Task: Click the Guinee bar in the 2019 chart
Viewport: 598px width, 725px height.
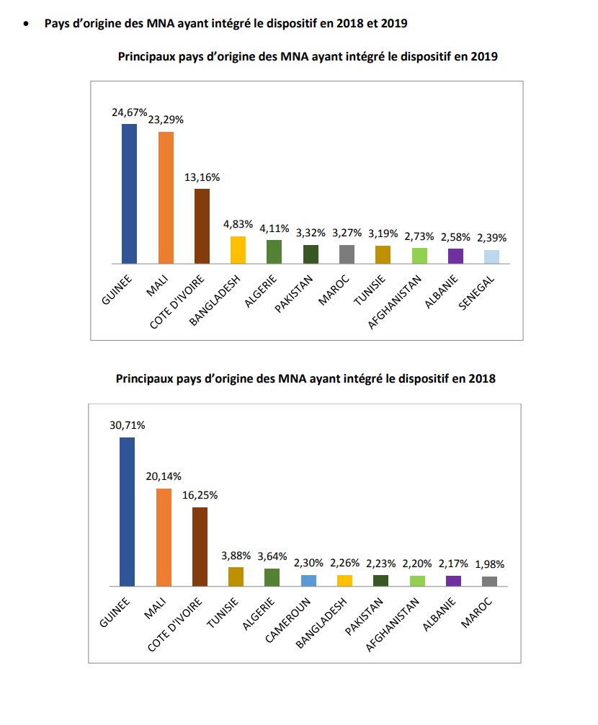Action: click(x=129, y=193)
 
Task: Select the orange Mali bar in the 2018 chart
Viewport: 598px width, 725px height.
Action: click(x=164, y=537)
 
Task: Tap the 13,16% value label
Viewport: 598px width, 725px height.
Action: click(x=202, y=177)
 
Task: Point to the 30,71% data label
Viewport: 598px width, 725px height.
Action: click(x=128, y=425)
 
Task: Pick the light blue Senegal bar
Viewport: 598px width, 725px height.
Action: click(x=491, y=257)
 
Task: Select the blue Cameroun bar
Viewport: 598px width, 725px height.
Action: click(x=309, y=580)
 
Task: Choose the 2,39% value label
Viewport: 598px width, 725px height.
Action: click(x=491, y=239)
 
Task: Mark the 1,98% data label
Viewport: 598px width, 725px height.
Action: click(x=489, y=564)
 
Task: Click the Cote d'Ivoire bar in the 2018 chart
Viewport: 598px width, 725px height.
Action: click(x=200, y=546)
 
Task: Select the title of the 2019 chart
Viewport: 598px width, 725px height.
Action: click(x=308, y=56)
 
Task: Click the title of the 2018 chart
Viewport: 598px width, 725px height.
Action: click(x=306, y=378)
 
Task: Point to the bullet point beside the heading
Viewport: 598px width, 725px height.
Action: click(x=27, y=23)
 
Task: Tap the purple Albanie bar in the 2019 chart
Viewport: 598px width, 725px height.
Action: click(x=455, y=257)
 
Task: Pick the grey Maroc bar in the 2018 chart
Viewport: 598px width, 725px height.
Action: click(x=489, y=581)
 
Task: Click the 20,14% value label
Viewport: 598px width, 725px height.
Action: click(x=164, y=476)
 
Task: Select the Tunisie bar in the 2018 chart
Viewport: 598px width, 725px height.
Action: click(x=236, y=577)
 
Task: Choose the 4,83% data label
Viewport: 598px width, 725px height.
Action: click(x=238, y=224)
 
